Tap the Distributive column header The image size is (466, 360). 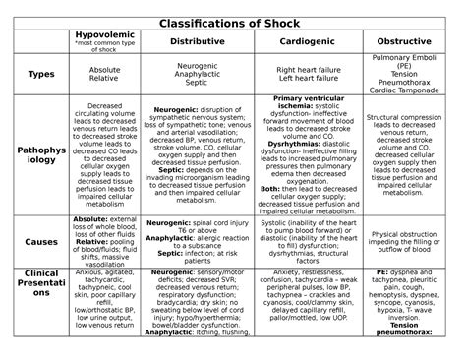(197, 43)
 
